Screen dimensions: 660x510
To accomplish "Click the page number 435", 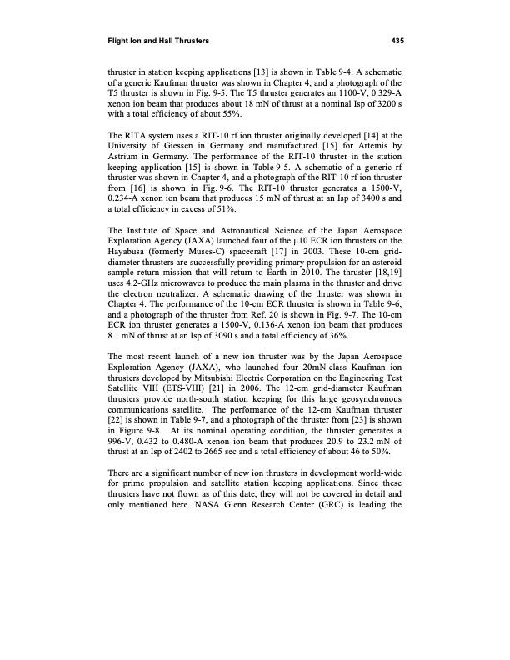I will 397,39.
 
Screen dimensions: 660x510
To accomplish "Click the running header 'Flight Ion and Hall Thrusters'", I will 158,39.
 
